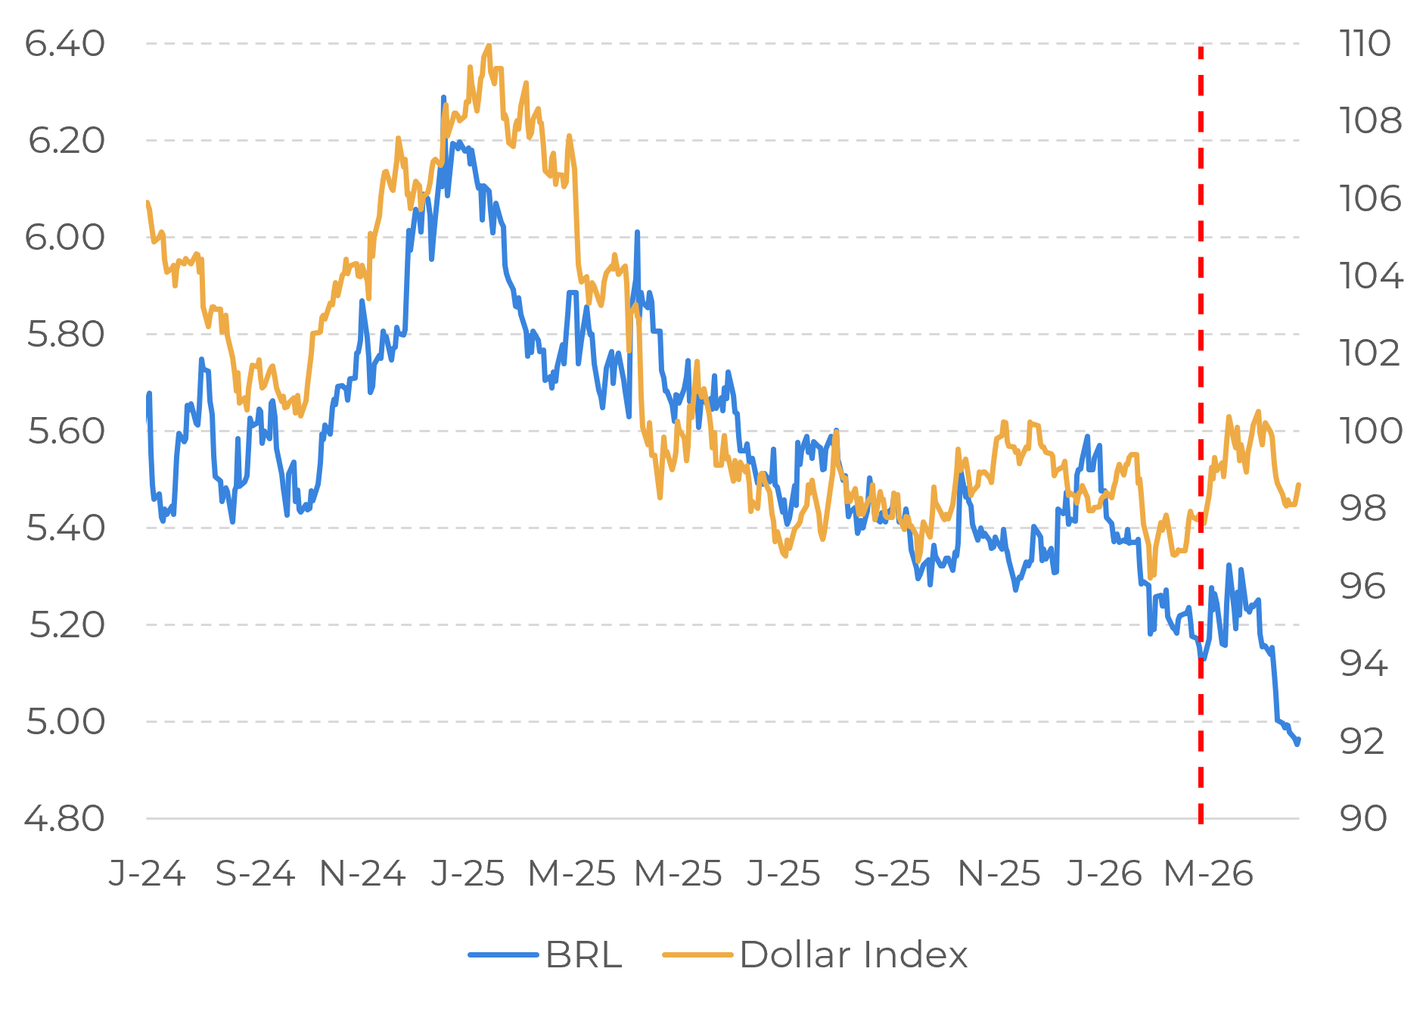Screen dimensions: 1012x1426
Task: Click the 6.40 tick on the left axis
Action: point(64,44)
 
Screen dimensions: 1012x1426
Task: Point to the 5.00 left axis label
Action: point(65,721)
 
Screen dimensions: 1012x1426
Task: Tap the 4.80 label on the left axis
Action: point(64,818)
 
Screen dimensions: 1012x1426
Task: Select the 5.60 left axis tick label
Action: point(66,431)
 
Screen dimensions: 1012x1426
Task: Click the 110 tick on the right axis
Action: point(1364,44)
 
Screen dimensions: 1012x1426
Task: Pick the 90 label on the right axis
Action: point(1362,818)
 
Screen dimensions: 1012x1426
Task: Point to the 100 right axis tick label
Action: point(1370,431)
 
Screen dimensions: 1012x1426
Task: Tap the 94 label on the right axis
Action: point(1363,663)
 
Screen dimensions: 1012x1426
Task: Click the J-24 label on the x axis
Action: point(147,874)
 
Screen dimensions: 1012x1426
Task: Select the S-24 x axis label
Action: point(254,874)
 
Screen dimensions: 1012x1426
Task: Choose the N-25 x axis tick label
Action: point(999,874)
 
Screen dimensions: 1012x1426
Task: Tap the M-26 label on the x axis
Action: point(1208,874)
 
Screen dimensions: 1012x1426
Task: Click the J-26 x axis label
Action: point(1104,874)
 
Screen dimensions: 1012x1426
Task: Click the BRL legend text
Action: point(583,954)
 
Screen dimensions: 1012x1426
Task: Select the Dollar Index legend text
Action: point(853,954)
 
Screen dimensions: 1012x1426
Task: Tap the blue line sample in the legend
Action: point(503,954)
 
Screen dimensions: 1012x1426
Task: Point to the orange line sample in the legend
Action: point(697,954)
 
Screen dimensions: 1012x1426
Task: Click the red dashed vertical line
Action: point(1201,378)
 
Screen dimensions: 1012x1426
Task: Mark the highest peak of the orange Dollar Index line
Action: point(489,47)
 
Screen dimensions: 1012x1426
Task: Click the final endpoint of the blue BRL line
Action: point(1297,742)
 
